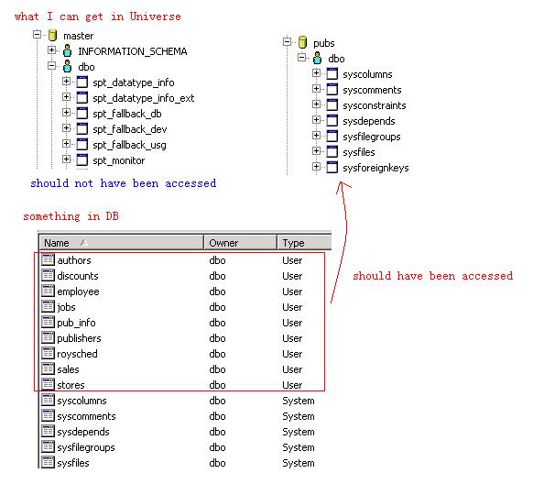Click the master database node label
pyautogui.click(x=79, y=36)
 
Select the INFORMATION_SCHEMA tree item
pyautogui.click(x=133, y=51)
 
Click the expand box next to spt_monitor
pyautogui.click(x=66, y=159)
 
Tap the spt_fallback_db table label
pyautogui.click(x=127, y=114)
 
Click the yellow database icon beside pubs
pyautogui.click(x=302, y=42)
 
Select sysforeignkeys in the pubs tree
pyautogui.click(x=375, y=168)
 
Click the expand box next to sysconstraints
pyautogui.click(x=316, y=104)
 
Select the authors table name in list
pyautogui.click(x=74, y=260)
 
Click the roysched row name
pyautogui.click(x=77, y=354)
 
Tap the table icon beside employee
pyautogui.click(x=48, y=291)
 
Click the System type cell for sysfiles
pyautogui.click(x=299, y=463)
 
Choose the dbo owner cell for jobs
pyautogui.click(x=217, y=307)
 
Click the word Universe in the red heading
pyautogui.click(x=155, y=16)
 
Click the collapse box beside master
pyautogui.click(x=37, y=35)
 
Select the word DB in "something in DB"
pyautogui.click(x=112, y=216)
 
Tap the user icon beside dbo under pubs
pyautogui.click(x=317, y=58)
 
